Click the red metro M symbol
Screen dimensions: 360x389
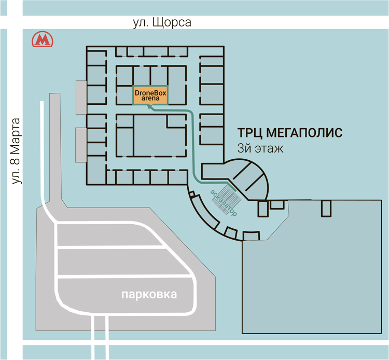pos(43,39)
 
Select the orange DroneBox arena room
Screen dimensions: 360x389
pos(150,95)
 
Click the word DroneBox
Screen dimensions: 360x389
pos(150,92)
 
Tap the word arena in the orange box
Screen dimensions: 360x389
pos(150,98)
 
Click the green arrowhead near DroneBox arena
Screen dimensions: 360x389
pos(149,107)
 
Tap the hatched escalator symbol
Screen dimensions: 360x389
pos(227,195)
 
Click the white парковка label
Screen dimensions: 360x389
pos(149,295)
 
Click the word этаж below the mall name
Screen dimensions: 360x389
pos(268,148)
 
